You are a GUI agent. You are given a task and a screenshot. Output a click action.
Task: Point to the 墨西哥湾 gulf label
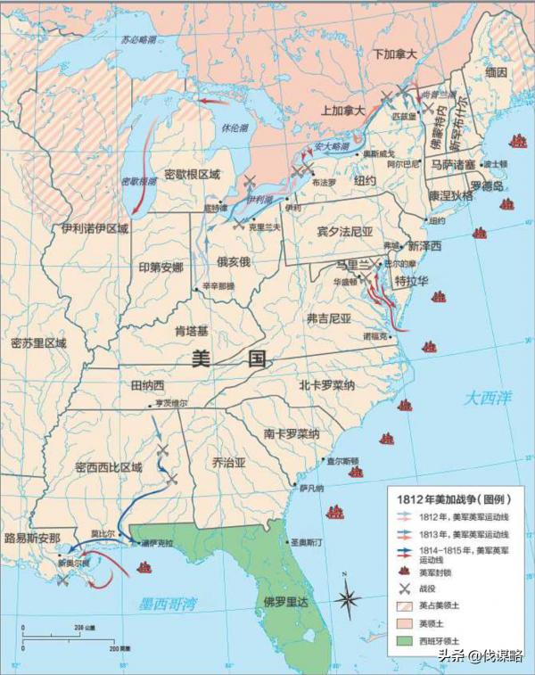(168, 605)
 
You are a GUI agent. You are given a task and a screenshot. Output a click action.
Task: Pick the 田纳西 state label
(148, 385)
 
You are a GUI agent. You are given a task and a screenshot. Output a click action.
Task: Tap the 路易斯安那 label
(31, 539)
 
